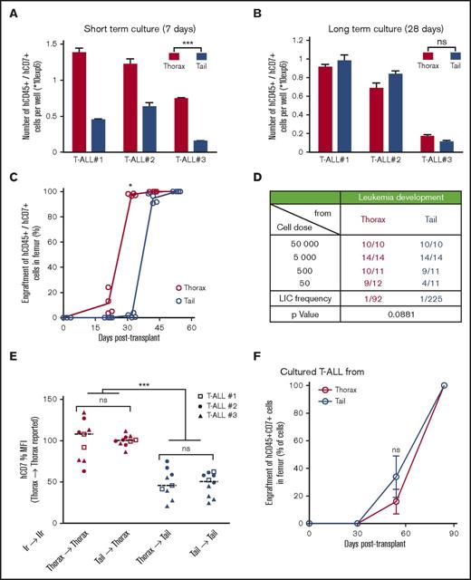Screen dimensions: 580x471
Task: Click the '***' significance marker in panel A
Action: click(x=187, y=43)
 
